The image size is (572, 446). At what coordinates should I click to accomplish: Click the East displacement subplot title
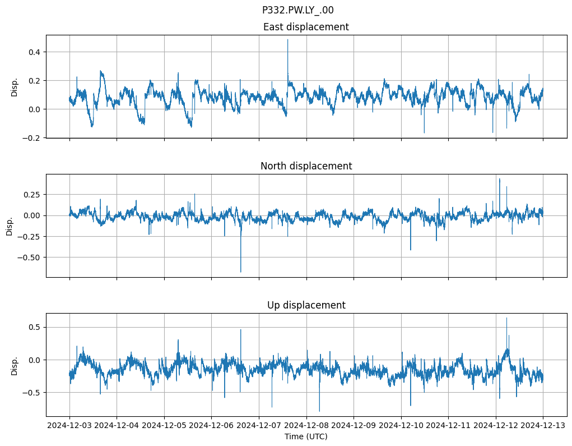tap(306, 27)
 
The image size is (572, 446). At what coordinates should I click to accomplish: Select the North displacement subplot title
tap(306, 166)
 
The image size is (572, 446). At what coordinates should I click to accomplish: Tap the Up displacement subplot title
tap(306, 305)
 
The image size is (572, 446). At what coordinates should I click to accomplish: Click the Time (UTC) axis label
tap(306, 436)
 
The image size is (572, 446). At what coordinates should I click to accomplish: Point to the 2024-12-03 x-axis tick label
tap(69, 426)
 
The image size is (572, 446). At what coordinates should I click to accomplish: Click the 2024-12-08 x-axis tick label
tap(306, 426)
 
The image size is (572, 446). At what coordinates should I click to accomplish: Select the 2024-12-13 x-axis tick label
tap(543, 426)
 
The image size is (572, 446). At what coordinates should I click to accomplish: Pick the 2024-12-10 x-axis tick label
tap(401, 426)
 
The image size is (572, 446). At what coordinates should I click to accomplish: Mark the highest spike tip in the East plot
tap(288, 39)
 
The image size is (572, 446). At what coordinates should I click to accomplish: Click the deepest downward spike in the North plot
tap(241, 272)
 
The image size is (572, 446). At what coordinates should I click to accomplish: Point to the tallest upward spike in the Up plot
tap(506, 318)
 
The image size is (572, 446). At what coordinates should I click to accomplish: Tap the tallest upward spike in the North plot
tap(500, 179)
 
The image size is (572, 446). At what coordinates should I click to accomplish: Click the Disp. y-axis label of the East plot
tap(15, 86)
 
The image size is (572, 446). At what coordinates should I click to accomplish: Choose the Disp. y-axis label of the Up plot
tap(15, 365)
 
